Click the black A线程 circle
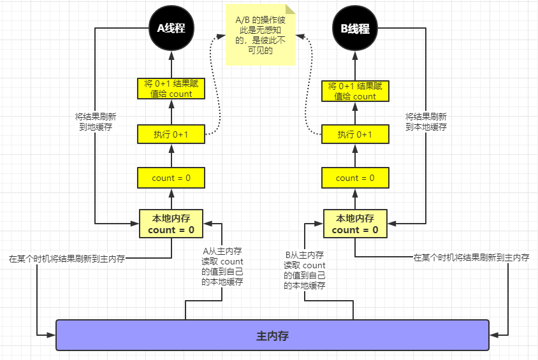coord(171,29)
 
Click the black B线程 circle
coord(355,29)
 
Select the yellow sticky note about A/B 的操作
coord(260,34)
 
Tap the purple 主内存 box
coord(272,335)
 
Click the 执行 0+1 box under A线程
coord(171,134)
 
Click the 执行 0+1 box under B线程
coord(355,134)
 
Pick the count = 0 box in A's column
coord(171,178)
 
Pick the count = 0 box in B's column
coord(355,178)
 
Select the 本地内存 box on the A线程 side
coord(171,224)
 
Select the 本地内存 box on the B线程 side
coord(355,224)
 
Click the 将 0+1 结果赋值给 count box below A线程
coord(171,89)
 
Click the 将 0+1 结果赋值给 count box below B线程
coord(355,91)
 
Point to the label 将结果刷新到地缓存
coord(96,122)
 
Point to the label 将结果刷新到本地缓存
coord(426,122)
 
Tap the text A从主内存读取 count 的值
coord(222,266)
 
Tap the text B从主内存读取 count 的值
coord(305,270)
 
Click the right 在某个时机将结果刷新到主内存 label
coord(471,257)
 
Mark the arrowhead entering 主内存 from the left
coord(52,335)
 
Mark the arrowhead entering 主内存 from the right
coord(493,335)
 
